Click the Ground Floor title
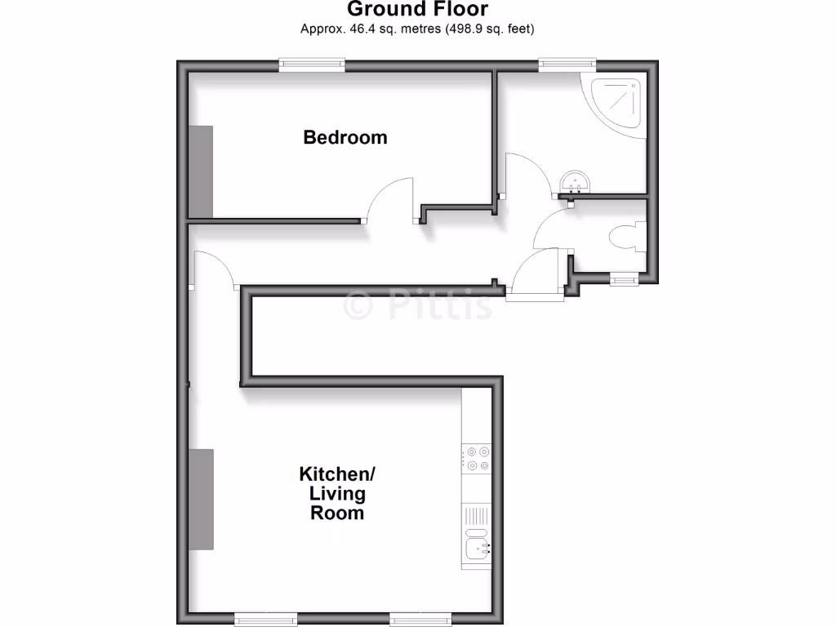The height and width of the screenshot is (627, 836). coord(417,10)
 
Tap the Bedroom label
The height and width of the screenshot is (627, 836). coord(345,137)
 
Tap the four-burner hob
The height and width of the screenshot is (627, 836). coord(476,458)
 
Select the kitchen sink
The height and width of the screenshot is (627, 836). coord(476,545)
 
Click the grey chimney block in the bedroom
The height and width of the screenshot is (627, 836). coord(201,171)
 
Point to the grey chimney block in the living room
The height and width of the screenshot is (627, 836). coord(202,499)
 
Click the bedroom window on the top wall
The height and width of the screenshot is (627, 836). coord(311,64)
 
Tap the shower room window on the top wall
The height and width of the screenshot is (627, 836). coord(567,64)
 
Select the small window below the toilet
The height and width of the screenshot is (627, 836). coord(625,280)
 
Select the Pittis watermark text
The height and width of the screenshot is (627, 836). coord(418,305)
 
